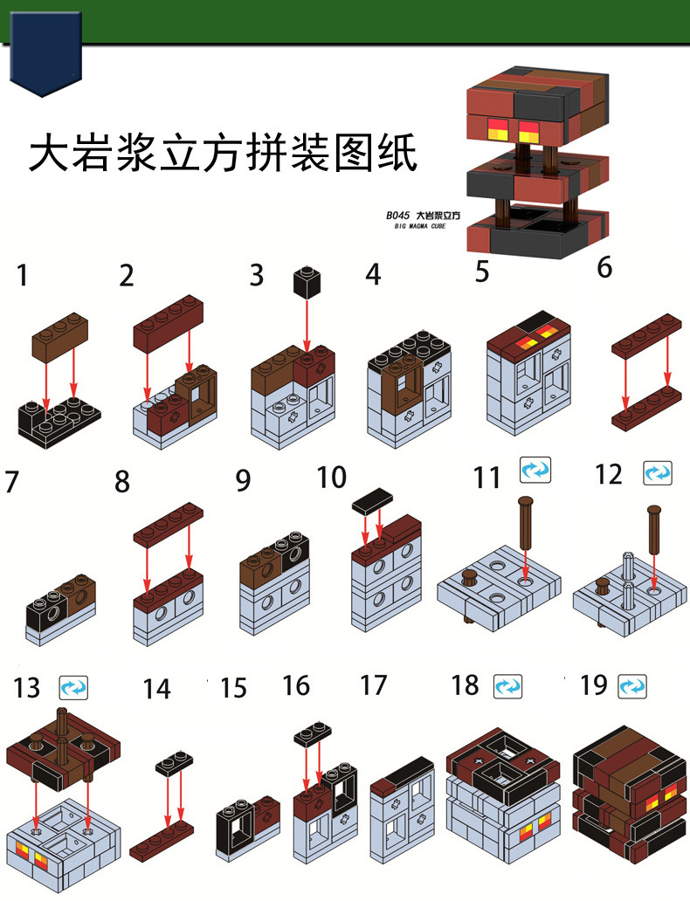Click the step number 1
click(22, 277)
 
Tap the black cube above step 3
click(307, 285)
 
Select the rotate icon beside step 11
click(535, 471)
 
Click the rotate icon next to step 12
click(657, 473)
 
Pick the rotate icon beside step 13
click(73, 687)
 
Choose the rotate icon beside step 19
click(632, 685)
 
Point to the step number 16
click(296, 686)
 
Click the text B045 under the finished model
click(398, 214)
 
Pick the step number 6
click(604, 268)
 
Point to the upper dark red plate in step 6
click(648, 335)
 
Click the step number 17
click(373, 685)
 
